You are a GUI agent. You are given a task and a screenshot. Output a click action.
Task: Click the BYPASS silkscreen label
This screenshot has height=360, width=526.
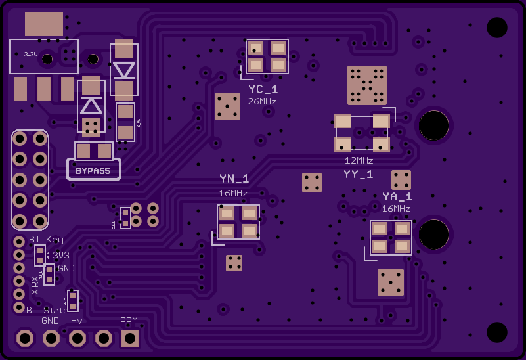(93, 171)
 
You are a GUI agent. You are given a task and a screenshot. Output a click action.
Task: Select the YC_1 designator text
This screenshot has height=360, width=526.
(263, 89)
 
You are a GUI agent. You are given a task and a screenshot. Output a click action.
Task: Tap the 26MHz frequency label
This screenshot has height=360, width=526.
(262, 102)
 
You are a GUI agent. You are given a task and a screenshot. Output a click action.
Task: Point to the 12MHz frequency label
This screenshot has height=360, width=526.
(359, 160)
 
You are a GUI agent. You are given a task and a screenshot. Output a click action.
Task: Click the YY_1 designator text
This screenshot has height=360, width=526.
(359, 174)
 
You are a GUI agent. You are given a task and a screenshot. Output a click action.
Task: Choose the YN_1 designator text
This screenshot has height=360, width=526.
(234, 179)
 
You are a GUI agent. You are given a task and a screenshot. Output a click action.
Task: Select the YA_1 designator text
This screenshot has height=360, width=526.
(397, 196)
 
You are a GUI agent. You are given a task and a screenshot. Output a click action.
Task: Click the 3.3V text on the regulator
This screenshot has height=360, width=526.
(31, 55)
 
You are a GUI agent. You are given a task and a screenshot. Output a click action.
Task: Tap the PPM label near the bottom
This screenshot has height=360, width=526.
(129, 321)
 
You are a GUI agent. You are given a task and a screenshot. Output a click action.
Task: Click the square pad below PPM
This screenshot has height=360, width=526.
(129, 338)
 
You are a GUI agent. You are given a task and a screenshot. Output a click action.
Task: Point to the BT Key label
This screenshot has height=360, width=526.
(46, 239)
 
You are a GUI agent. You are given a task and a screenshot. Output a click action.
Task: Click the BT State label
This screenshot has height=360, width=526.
(47, 310)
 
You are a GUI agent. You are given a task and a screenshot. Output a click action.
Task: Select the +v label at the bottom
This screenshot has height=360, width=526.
(77, 321)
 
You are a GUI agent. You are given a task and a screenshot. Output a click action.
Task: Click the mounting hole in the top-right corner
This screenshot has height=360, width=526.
(496, 28)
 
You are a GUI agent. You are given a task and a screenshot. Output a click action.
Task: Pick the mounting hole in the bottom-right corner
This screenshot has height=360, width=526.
(496, 332)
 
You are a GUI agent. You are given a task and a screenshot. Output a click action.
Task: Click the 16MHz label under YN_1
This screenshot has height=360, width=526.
(233, 193)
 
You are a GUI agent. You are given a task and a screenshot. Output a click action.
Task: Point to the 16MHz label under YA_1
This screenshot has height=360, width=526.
(396, 209)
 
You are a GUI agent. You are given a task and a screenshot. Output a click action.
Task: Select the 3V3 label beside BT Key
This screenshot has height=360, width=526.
(61, 255)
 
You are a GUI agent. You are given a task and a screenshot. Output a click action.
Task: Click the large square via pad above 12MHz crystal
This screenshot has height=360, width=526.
(366, 85)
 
